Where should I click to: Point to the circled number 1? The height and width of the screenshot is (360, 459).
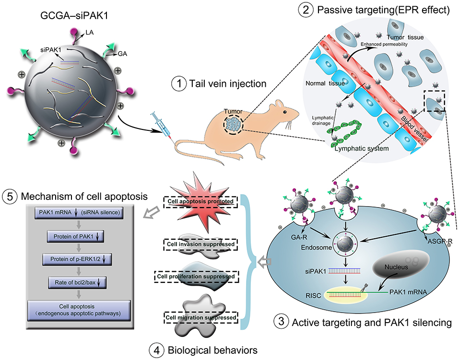(178, 84)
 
